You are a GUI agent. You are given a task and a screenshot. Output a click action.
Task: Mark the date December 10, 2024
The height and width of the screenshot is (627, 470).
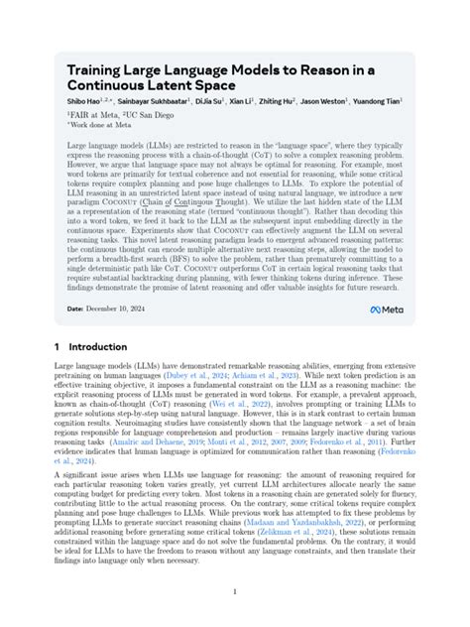[x=118, y=310]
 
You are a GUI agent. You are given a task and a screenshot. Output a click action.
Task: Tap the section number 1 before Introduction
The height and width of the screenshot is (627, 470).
[x=58, y=347]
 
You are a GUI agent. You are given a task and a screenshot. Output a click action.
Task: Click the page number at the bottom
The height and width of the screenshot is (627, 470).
[x=234, y=592]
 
